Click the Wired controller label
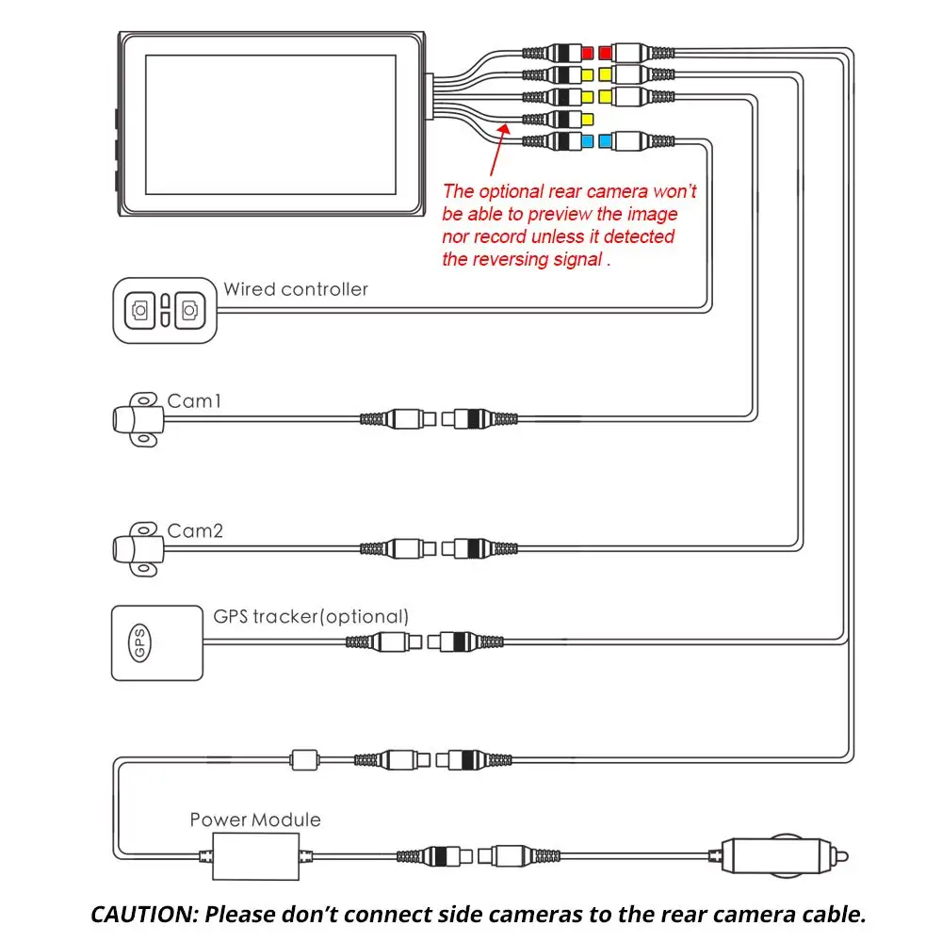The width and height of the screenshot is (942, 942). (296, 289)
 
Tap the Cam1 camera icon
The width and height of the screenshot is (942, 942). (138, 419)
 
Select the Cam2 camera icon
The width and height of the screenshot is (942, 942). (138, 549)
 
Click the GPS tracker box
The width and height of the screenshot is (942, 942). (157, 642)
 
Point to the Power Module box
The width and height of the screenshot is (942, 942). (256, 856)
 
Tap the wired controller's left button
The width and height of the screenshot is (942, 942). (140, 311)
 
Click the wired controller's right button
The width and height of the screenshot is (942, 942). (190, 311)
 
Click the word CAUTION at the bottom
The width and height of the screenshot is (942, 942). (145, 915)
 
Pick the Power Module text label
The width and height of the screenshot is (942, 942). (255, 820)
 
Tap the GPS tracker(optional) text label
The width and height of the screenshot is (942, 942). (311, 617)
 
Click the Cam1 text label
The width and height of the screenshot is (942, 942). (194, 400)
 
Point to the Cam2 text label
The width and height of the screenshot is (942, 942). (195, 530)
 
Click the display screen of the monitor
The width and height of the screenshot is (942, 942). (270, 124)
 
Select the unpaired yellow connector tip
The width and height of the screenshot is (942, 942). (587, 119)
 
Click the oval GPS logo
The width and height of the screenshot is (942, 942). (140, 642)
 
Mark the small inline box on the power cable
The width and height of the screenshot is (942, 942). (304, 760)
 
